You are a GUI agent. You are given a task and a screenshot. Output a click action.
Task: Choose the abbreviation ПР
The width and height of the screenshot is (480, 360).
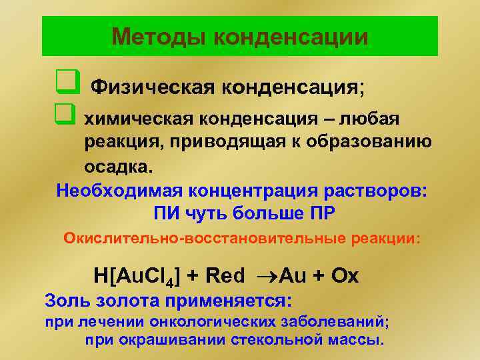(x=322, y=214)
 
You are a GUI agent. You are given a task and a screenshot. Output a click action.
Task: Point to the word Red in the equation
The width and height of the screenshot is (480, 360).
(x=225, y=275)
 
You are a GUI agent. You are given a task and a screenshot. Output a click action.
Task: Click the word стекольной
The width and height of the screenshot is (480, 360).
(x=263, y=340)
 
